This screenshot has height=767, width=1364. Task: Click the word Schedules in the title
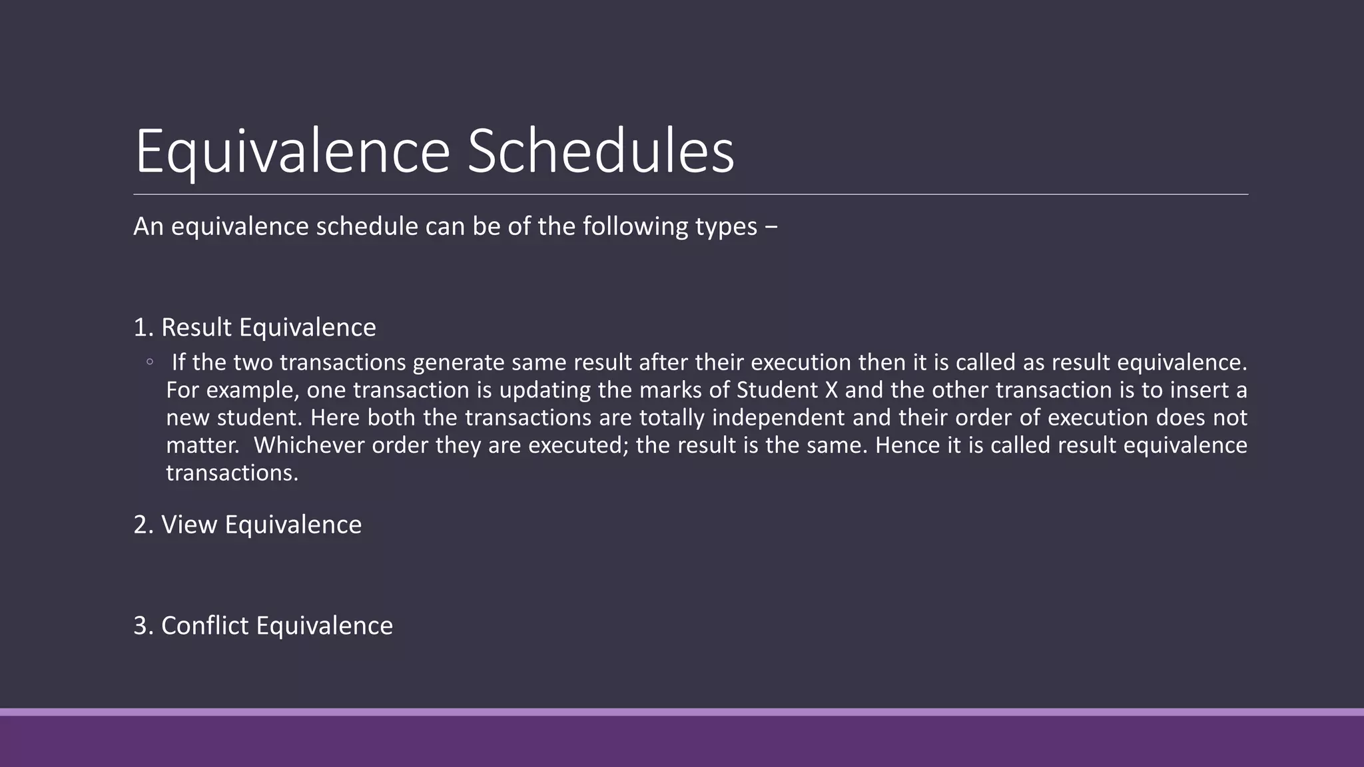(600, 152)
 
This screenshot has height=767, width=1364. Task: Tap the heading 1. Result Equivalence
(254, 328)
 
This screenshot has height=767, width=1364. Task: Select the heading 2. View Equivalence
(247, 525)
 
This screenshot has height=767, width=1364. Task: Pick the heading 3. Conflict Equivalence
(263, 626)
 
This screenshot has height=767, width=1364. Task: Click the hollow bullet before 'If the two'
(150, 362)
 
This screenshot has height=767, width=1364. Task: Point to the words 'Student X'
(787, 390)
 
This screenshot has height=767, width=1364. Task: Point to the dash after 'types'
(771, 227)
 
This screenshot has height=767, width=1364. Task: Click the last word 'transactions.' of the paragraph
(232, 473)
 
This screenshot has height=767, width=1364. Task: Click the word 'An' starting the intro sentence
(148, 227)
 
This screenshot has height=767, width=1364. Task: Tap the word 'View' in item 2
(189, 525)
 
